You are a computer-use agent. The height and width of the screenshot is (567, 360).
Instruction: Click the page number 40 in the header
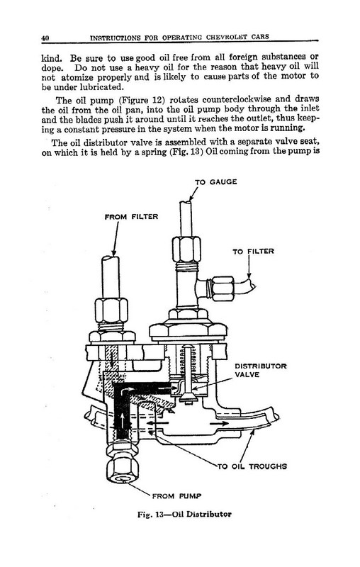tap(45, 38)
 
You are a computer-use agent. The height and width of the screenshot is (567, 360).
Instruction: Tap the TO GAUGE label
tap(215, 182)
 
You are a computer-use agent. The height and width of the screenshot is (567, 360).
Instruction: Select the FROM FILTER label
tap(131, 217)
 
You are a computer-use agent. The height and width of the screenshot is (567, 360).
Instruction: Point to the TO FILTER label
tap(253, 252)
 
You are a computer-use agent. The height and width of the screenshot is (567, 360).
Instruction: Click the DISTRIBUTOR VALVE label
tap(261, 370)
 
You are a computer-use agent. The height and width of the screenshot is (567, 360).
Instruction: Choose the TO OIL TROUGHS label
tap(252, 466)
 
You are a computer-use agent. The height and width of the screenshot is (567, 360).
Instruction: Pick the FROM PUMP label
tap(176, 495)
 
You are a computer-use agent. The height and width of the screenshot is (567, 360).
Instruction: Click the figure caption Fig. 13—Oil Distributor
tap(184, 515)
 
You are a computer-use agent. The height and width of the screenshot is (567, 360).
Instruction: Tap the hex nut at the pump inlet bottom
tap(123, 468)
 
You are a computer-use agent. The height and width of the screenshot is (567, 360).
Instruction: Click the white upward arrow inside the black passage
tap(123, 420)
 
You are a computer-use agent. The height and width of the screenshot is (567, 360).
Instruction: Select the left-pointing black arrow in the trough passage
tap(157, 422)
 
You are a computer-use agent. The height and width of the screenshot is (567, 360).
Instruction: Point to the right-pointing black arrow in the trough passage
tap(219, 423)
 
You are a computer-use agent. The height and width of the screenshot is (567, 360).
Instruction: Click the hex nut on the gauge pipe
tap(186, 249)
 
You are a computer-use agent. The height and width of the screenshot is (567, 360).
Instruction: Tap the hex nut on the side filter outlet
tap(223, 288)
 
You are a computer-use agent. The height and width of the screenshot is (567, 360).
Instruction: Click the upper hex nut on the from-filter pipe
tap(111, 310)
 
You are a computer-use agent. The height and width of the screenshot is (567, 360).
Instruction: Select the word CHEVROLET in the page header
tap(227, 38)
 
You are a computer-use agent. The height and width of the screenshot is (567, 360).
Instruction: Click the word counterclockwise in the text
tap(237, 99)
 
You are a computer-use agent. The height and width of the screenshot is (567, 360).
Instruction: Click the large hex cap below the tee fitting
tap(189, 329)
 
